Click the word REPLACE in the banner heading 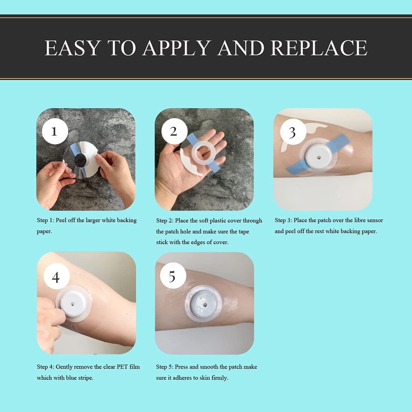319,48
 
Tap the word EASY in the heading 72,48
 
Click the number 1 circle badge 55,131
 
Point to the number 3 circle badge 293,132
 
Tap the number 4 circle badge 56,276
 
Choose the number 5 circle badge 173,276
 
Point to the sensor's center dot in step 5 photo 205,305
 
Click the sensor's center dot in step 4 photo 72,304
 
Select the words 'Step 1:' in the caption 45,220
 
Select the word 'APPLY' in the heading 177,48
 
